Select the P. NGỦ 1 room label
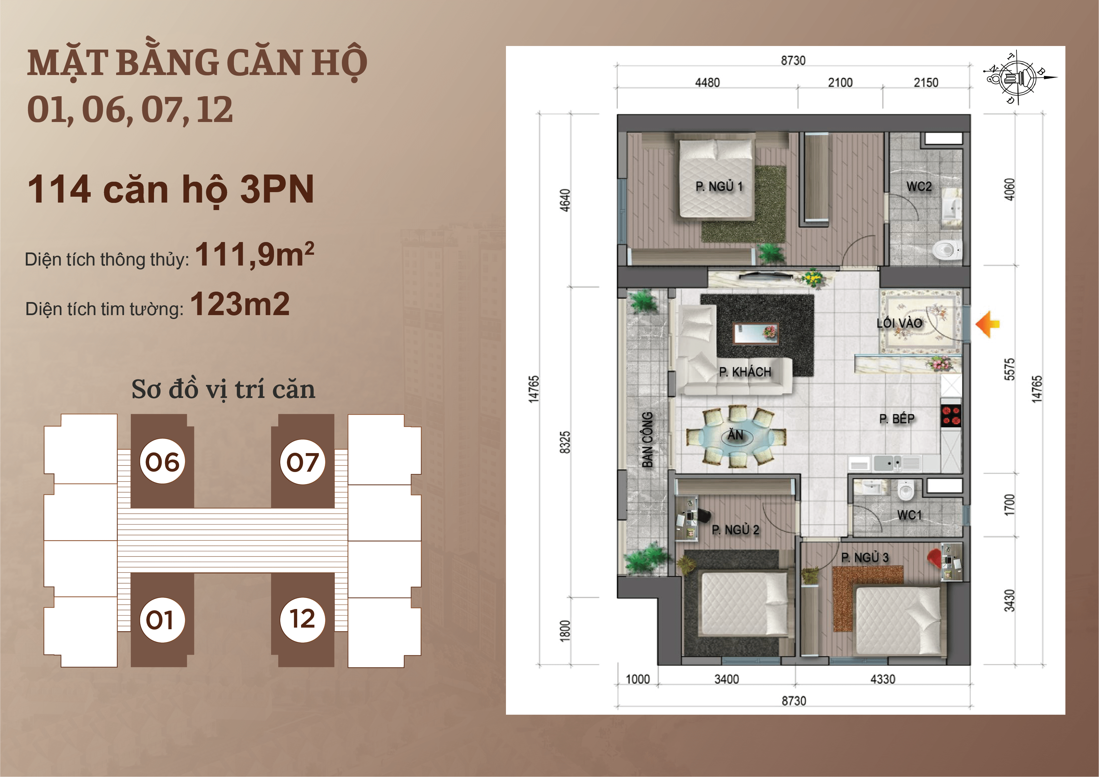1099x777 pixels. [719, 186]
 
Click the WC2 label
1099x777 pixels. [919, 186]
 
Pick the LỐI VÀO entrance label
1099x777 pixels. [899, 323]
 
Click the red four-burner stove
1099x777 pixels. [951, 416]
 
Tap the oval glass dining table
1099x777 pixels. [735, 436]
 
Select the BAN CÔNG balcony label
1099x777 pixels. [647, 439]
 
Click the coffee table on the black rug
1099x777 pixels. [756, 333]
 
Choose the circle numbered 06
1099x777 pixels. [162, 462]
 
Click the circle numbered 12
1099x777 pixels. [302, 619]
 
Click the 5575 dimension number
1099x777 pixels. [1009, 369]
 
